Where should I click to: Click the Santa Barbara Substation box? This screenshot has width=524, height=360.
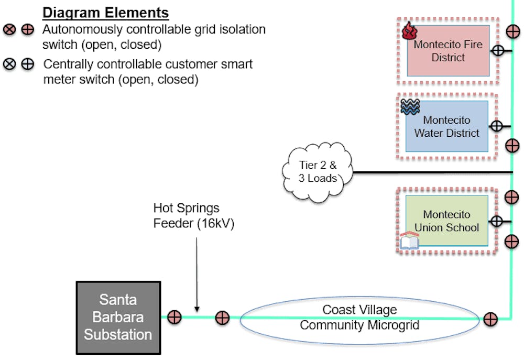[118, 318]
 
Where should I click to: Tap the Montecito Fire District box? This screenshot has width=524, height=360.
[448, 51]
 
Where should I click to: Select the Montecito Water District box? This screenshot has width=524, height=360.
[447, 126]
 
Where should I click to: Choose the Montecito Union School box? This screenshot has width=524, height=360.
[447, 221]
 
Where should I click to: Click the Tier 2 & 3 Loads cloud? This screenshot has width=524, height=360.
[318, 171]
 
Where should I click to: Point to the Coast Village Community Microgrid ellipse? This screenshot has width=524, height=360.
[359, 318]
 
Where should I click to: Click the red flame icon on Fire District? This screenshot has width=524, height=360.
[409, 32]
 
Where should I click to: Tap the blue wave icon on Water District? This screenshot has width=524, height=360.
[410, 107]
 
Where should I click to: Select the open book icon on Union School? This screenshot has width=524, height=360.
[409, 242]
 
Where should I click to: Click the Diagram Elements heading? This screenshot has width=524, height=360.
[105, 13]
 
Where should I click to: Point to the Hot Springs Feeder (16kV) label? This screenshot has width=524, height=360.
[194, 215]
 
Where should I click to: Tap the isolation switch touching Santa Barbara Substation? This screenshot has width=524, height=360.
[174, 317]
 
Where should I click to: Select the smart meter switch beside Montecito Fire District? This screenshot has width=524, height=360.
[497, 51]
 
